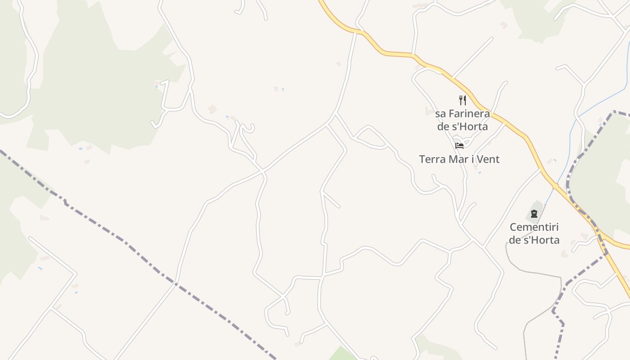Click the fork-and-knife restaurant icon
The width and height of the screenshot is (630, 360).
462,100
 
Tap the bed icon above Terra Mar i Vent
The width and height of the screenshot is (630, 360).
459,146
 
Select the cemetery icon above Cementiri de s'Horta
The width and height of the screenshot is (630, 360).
534,214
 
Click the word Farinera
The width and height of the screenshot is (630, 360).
469,113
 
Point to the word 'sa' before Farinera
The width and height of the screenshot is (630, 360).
441,113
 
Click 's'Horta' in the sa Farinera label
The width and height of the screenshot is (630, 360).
470,126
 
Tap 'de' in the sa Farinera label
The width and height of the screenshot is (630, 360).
443,126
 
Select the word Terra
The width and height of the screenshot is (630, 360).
432,159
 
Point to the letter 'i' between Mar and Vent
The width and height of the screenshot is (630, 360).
474,159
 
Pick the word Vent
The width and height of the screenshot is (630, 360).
489,159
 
